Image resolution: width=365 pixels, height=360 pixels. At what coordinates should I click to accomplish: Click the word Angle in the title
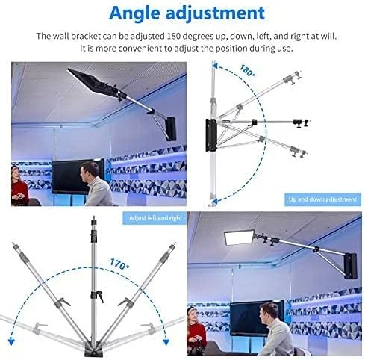pyautogui.click(x=134, y=13)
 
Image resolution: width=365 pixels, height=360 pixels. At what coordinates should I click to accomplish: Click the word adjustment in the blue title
pyautogui.click(x=215, y=13)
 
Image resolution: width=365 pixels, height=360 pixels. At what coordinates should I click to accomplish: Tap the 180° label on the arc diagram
pyautogui.click(x=247, y=70)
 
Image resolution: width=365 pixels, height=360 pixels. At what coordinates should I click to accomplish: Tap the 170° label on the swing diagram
pyautogui.click(x=119, y=264)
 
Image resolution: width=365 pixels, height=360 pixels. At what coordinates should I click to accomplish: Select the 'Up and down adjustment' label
pyautogui.click(x=322, y=199)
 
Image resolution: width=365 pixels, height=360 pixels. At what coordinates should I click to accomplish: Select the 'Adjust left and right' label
pyautogui.click(x=155, y=218)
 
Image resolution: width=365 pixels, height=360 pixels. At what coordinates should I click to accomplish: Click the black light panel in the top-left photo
pyautogui.click(x=93, y=82)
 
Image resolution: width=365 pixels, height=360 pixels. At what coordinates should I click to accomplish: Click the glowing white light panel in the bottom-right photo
pyautogui.click(x=239, y=238)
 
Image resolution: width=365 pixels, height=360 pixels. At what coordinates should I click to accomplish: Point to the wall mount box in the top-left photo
pyautogui.click(x=171, y=128)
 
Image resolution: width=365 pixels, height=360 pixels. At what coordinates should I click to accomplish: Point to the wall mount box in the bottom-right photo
pyautogui.click(x=351, y=266)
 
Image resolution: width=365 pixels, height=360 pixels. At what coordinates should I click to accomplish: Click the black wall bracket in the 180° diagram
pyautogui.click(x=210, y=135)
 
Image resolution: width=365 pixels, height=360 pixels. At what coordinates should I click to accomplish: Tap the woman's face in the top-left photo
pyautogui.click(x=16, y=174)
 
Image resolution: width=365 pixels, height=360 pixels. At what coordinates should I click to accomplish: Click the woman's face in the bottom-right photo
pyautogui.click(x=193, y=317)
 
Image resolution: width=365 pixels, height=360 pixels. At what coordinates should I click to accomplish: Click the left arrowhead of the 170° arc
pyautogui.click(x=11, y=342)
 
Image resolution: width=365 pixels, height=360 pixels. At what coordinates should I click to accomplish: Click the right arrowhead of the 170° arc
pyautogui.click(x=166, y=342)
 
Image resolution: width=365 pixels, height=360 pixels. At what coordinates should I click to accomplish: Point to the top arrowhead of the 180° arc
pyautogui.click(x=215, y=66)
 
